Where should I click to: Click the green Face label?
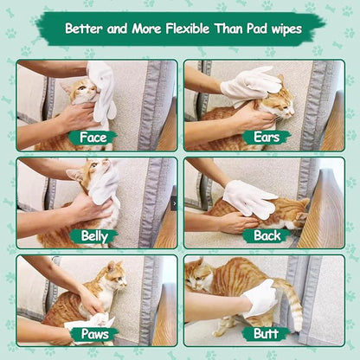pyautogui.click(x=93, y=138)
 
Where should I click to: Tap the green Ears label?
pyautogui.click(x=266, y=138)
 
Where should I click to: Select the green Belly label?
pyautogui.click(x=93, y=235)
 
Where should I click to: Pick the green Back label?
pyautogui.click(x=266, y=235)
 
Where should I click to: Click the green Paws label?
pyautogui.click(x=93, y=333)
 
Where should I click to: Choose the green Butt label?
pyautogui.click(x=266, y=333)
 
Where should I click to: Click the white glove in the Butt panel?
pyautogui.click(x=260, y=299)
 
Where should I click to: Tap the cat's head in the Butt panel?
pyautogui.click(x=198, y=275)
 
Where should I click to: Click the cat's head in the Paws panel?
pyautogui.click(x=113, y=275)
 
